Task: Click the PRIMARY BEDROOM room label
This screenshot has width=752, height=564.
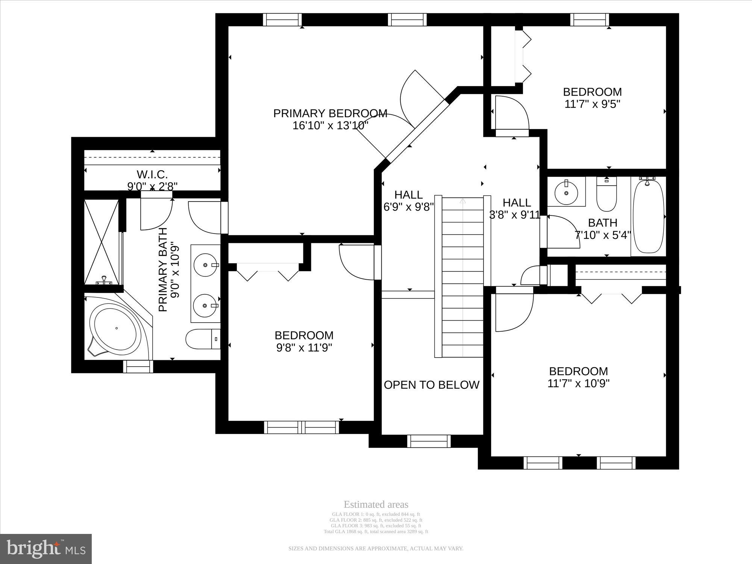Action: point(330,114)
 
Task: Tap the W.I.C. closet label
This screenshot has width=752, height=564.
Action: point(152,174)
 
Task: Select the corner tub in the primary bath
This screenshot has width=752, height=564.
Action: point(116,328)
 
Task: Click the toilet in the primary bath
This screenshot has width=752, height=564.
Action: point(202,339)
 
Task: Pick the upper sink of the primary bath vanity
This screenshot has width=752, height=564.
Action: point(205,265)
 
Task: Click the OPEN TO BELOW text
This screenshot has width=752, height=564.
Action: point(431,385)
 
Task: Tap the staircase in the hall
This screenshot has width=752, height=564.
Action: point(462,276)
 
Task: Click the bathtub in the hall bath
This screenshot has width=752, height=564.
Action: point(648,217)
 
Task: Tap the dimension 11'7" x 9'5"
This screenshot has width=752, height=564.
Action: point(592,104)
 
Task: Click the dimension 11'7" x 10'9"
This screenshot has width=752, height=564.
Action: point(578,384)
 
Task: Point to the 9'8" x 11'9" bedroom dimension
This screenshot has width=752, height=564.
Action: point(304,347)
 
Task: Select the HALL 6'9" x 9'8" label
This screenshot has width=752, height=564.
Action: point(408,201)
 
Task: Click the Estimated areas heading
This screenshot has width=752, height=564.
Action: point(376,505)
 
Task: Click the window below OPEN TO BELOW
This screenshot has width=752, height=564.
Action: point(429,441)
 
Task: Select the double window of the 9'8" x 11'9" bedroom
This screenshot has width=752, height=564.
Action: point(302,427)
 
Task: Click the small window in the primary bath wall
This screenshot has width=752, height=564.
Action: point(138,366)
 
